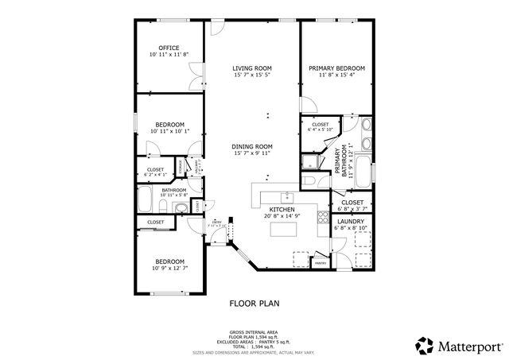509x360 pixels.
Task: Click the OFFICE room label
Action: coord(169,48)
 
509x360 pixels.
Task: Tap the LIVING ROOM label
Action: coord(252,68)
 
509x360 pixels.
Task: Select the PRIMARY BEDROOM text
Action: coord(336,68)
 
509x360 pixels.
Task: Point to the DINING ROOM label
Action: coord(252,146)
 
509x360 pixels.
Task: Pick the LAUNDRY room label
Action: coord(351,222)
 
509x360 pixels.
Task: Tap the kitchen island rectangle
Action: coord(282,230)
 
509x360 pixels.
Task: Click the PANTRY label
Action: coord(321,262)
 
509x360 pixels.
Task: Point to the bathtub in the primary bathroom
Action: coord(363,169)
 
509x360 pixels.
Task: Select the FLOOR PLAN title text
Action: coord(254,303)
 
